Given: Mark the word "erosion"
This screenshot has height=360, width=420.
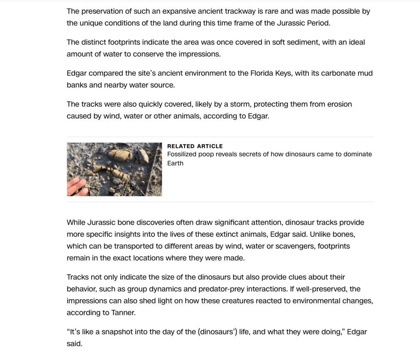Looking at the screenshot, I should point(340,104).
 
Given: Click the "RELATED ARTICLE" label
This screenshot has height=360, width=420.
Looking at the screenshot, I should point(195,146).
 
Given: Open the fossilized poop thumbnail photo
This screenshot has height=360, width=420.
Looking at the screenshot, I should point(114,169).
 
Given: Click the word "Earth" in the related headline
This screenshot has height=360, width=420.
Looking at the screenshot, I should point(175,163).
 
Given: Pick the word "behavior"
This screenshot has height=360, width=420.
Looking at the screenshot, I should point(82,289).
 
